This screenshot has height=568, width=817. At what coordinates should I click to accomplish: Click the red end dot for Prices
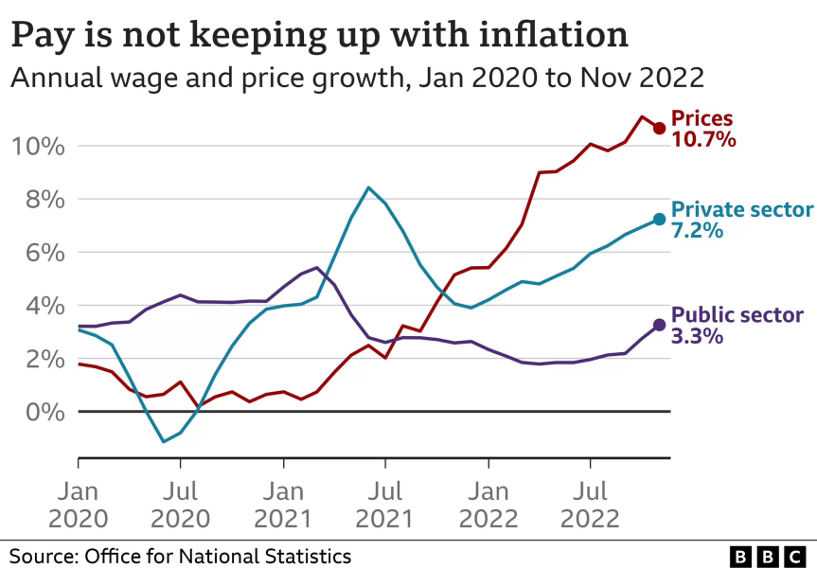[x=659, y=128]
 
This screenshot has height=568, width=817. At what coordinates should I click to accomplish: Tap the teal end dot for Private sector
[x=659, y=220]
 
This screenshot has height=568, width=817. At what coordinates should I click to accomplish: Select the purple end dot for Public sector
[x=659, y=325]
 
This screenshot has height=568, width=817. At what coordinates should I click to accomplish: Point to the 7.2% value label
[x=697, y=230]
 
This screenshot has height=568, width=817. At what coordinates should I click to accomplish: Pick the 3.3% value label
[x=697, y=336]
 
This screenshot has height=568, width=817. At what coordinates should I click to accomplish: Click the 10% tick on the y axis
[x=38, y=147]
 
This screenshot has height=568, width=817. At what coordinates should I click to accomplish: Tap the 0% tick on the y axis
[x=45, y=412]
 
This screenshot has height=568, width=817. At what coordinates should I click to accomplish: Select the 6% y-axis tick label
[x=45, y=254]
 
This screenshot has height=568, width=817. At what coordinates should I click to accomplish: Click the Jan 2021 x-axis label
[x=283, y=505]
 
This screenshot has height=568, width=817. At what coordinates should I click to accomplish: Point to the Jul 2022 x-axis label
[x=591, y=505]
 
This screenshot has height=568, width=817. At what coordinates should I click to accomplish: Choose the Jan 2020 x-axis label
[x=79, y=505]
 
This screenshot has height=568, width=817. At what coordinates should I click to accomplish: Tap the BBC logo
[x=768, y=556]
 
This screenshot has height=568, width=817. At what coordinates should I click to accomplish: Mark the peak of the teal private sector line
[x=368, y=187]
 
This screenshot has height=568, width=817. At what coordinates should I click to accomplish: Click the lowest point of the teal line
[x=164, y=442]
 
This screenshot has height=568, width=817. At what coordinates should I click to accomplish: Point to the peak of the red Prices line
[x=642, y=116]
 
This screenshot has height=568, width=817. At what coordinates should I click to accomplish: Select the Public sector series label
[x=737, y=315]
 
